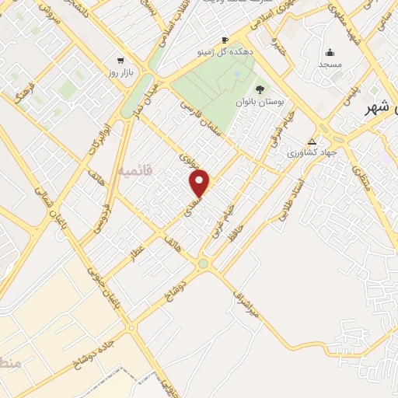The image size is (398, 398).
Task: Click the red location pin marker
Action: pos(201,183)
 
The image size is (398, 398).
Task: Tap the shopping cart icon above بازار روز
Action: pos(120,60)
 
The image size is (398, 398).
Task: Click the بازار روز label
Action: pos(120,72)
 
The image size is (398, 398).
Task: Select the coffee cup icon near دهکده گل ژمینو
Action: pos(225,40)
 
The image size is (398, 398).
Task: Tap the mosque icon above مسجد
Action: pos(330,53)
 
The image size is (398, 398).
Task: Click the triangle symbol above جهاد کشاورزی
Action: pos(312,141)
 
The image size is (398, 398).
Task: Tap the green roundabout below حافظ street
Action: pos(204,264)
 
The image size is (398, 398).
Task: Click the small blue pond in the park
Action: pos(236,75)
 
